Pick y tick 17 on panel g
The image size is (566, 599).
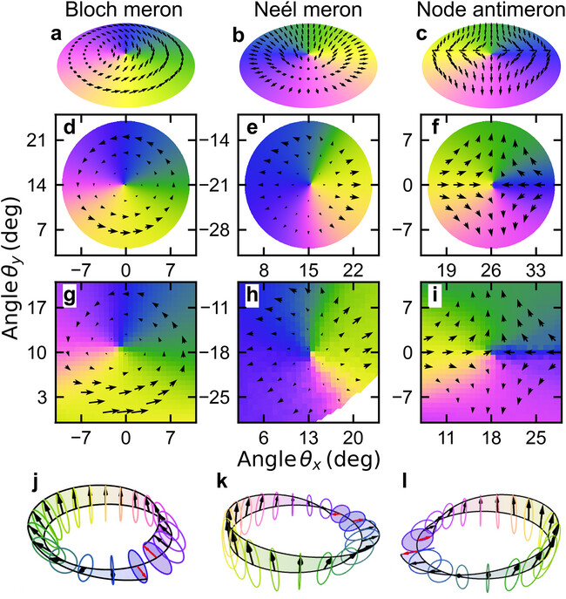click(x=40, y=307)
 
